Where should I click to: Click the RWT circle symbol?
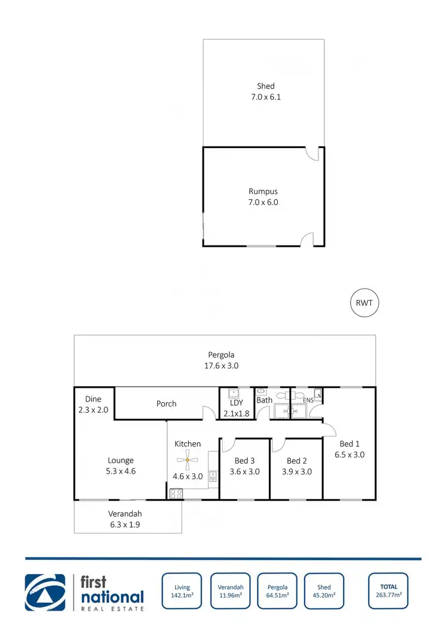[x=364, y=303]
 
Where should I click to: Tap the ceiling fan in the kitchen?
[x=188, y=460]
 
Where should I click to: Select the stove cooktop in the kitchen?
[x=176, y=494]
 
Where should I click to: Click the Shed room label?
[x=265, y=86]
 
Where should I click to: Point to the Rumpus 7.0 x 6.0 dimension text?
[x=263, y=202]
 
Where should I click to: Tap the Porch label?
[x=166, y=403]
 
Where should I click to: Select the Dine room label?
[x=93, y=399]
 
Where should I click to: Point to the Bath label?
[x=265, y=400]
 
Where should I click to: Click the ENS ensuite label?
[x=308, y=400]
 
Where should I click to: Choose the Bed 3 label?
[x=244, y=461]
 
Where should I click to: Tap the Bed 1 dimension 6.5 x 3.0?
[x=349, y=454]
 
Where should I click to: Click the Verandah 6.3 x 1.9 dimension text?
[x=125, y=525]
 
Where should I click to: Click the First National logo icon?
[x=45, y=592]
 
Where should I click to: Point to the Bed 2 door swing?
[x=278, y=445]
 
